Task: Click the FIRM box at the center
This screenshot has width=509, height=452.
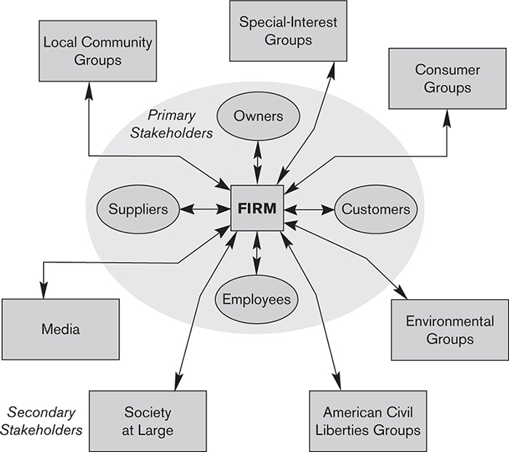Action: tap(257, 209)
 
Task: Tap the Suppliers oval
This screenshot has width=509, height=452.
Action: tap(138, 210)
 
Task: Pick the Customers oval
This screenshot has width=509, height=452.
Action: tap(376, 210)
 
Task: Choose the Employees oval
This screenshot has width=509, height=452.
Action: tap(257, 299)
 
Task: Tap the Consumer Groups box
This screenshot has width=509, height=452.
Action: tap(444, 79)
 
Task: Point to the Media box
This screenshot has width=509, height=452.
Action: tap(60, 329)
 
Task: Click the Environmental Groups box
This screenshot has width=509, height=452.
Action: tap(449, 330)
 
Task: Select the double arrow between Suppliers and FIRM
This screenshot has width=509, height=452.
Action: tap(204, 210)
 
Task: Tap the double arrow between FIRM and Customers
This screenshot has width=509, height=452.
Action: tap(309, 210)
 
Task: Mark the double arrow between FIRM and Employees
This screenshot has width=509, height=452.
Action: tap(257, 255)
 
